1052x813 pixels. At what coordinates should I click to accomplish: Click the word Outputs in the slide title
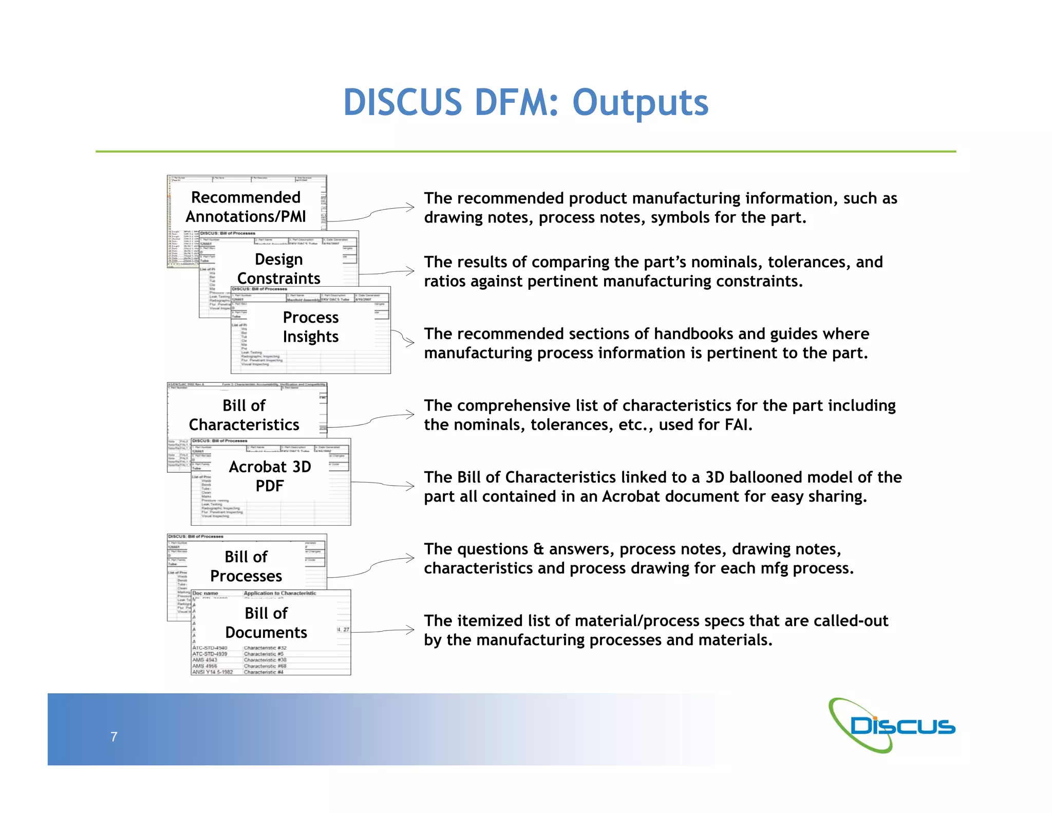640,103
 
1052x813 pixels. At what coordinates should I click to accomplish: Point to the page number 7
114,736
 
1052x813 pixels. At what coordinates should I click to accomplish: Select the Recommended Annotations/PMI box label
246,207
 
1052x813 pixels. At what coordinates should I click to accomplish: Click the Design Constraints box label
278,268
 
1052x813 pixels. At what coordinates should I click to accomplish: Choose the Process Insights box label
310,327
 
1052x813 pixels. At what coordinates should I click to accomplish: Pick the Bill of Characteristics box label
244,415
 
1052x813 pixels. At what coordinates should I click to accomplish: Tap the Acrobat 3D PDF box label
270,476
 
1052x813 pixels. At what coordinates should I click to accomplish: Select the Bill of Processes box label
246,566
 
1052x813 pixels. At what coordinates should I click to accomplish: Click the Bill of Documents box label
266,622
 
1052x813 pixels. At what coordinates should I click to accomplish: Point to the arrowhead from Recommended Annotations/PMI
411,207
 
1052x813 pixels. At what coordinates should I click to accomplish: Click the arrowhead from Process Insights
411,343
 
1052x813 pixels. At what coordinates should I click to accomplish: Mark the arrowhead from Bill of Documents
411,630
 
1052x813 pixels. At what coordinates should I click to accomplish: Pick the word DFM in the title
516,103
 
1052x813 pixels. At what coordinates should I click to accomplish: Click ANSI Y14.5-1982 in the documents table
213,672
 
